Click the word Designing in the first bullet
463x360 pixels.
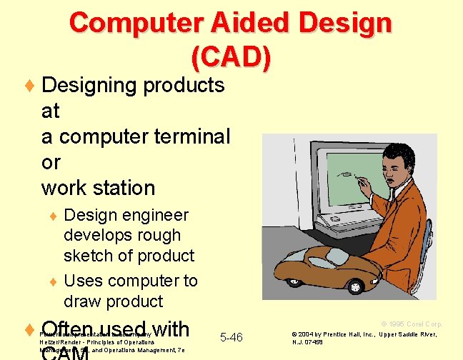click(90, 86)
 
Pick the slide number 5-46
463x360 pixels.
click(231, 337)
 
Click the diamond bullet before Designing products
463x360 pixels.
click(29, 86)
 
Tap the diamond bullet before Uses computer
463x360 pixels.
click(51, 281)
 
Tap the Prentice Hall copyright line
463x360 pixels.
click(368, 334)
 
